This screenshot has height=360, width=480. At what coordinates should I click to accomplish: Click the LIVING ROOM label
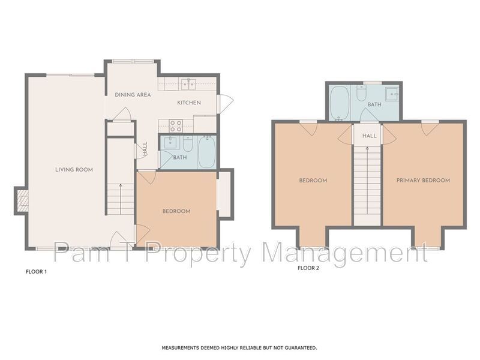[x=74, y=170]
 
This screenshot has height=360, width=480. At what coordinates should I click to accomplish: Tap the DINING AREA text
[x=133, y=95]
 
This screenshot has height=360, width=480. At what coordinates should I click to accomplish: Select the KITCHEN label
[x=188, y=103]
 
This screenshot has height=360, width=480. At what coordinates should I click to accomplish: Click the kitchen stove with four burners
[x=176, y=125]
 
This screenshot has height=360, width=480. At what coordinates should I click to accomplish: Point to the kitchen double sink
[x=190, y=83]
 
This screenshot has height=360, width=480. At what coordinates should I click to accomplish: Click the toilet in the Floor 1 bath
[x=188, y=143]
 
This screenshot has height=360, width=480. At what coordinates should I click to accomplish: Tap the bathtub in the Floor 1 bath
[x=206, y=152]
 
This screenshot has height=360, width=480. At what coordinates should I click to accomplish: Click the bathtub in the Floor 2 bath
[x=340, y=103]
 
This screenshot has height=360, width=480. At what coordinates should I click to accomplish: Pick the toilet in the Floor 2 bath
[x=361, y=94]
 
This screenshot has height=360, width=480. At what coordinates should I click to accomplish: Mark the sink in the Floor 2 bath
[x=392, y=94]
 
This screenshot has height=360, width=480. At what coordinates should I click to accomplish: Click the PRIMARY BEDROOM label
[x=422, y=180]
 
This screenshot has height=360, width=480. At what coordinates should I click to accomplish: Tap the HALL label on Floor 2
[x=370, y=136]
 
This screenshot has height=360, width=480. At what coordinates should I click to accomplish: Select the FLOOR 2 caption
[x=308, y=268]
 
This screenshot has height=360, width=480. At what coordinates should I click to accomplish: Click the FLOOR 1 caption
[x=36, y=272]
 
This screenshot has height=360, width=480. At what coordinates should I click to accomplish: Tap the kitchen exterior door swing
[x=224, y=104]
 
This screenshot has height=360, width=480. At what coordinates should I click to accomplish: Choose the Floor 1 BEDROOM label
[x=176, y=211]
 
